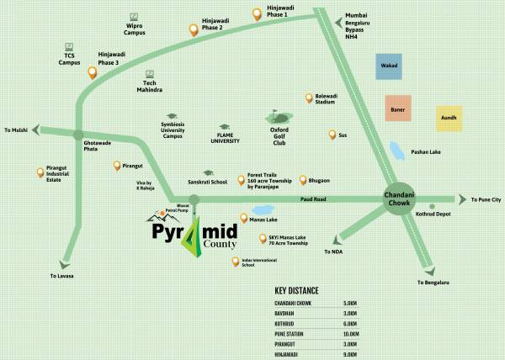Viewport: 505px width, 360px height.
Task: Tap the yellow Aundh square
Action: pyautogui.click(x=449, y=119)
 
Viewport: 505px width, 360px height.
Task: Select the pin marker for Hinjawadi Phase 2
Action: pyautogui.click(x=194, y=30)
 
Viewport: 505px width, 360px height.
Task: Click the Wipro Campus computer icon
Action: pyautogui.click(x=135, y=14)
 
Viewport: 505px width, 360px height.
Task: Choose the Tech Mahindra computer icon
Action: pyautogui.click(x=150, y=73)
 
